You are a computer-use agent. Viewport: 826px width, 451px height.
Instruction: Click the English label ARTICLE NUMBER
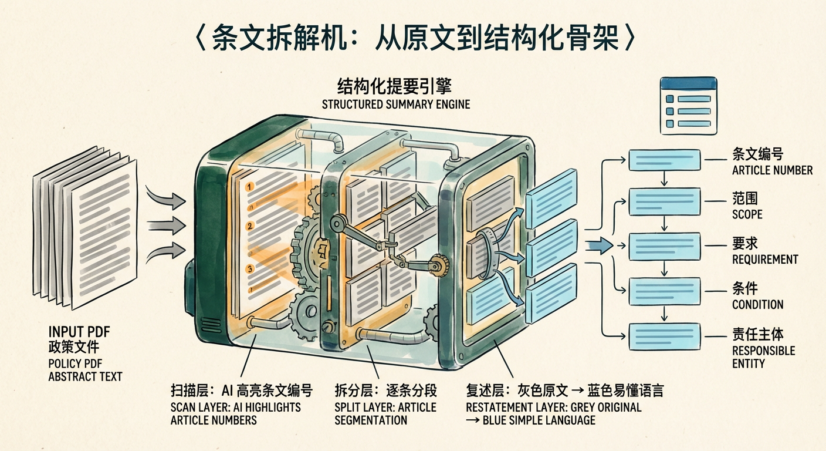point(772,170)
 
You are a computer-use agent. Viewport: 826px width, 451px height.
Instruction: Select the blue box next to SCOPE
point(664,201)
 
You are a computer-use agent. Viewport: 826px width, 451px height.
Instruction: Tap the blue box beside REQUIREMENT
point(664,247)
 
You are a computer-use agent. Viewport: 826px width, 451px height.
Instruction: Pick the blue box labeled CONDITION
point(664,291)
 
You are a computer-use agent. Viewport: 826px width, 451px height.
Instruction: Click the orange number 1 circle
point(250,187)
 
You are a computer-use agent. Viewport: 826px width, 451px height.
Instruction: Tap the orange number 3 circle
point(250,270)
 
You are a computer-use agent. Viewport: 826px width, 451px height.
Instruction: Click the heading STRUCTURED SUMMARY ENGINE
point(395,105)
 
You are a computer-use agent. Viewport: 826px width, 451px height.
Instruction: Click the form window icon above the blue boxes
point(688,105)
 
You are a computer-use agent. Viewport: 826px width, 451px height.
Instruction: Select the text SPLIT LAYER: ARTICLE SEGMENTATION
point(385,413)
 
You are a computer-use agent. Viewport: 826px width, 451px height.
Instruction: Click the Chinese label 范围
point(745,199)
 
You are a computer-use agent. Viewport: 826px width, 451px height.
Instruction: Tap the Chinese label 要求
point(745,244)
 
